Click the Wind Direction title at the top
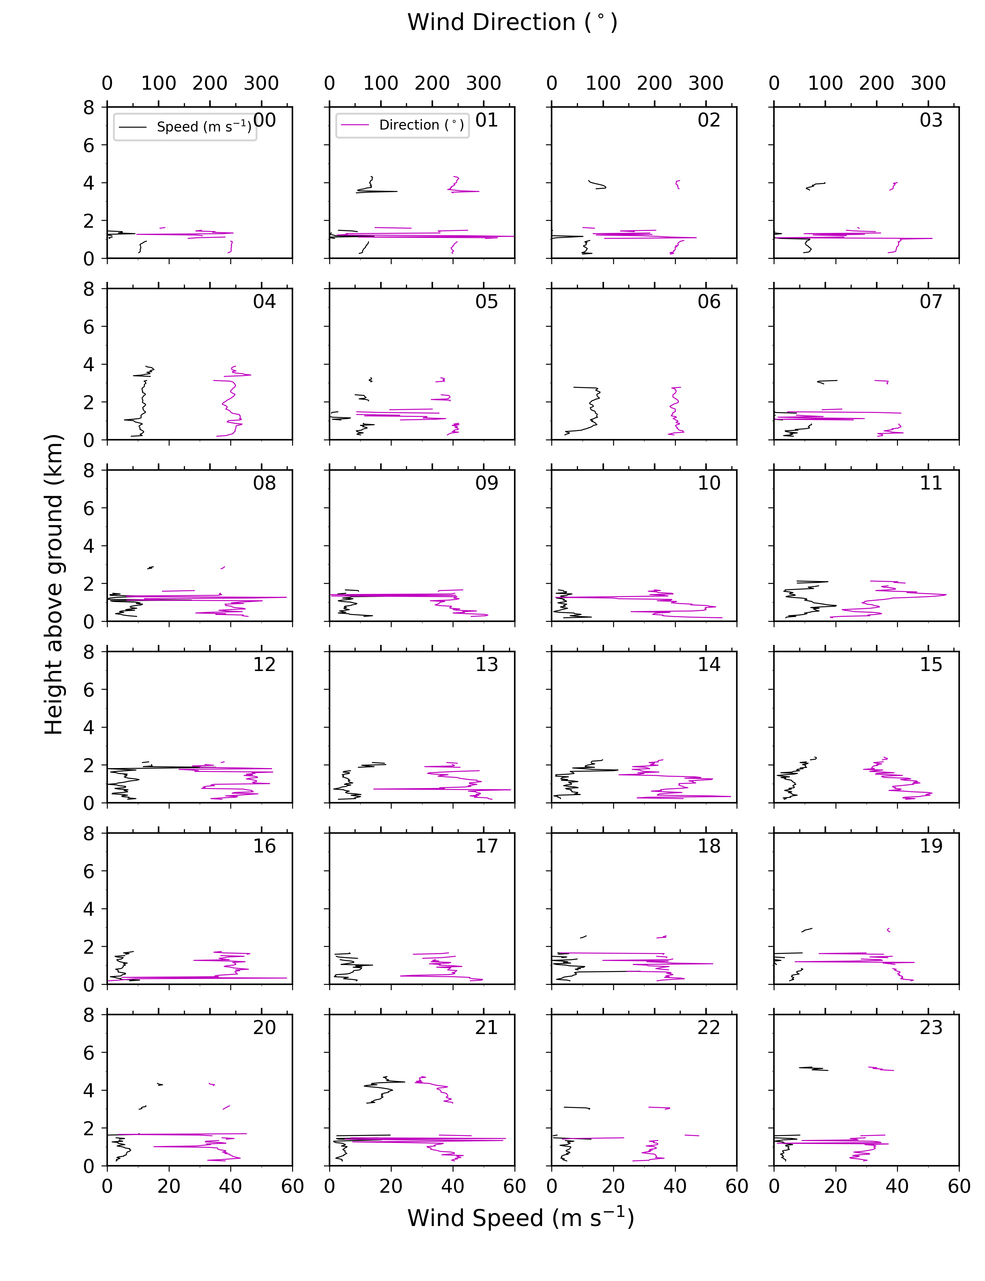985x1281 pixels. click(x=513, y=22)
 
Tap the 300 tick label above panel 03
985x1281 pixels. click(x=928, y=83)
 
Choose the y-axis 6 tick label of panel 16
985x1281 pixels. click(x=88, y=871)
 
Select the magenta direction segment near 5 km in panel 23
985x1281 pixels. click(x=881, y=1069)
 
